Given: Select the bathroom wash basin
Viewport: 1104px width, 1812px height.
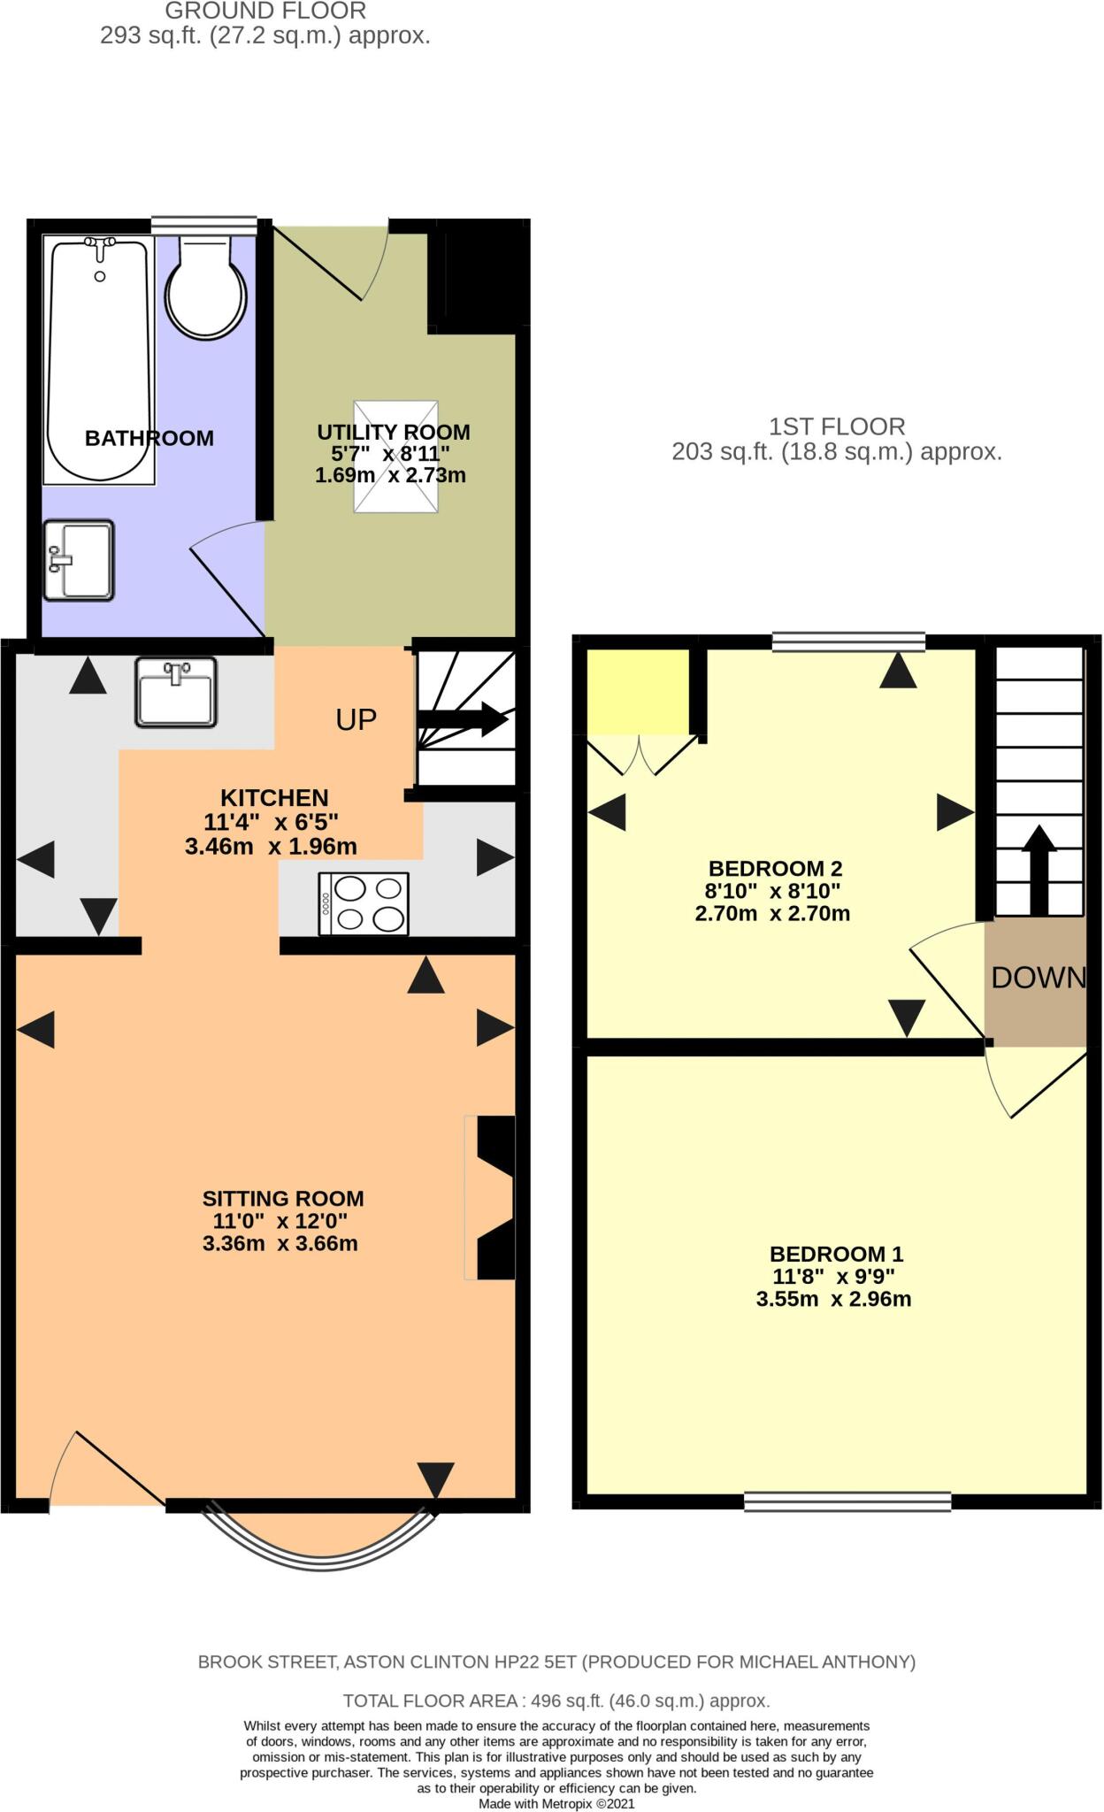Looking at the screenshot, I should [79, 560].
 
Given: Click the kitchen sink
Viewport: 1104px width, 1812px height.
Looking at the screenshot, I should [176, 692].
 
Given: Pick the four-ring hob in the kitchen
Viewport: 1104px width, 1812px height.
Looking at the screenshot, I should [364, 903].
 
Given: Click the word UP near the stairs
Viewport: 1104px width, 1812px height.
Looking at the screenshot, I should [356, 720].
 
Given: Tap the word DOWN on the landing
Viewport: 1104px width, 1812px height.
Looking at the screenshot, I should [1038, 978].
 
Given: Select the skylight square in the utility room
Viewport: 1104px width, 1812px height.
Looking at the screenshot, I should [396, 457].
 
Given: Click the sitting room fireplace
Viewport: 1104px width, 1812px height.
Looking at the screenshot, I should [494, 1198].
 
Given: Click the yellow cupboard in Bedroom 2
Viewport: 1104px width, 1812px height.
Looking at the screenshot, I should [638, 691].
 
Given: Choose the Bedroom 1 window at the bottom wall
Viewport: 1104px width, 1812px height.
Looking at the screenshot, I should [847, 1501].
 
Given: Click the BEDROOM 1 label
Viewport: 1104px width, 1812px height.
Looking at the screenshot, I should [836, 1254].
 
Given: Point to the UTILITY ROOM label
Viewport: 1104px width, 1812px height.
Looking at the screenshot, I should [393, 433].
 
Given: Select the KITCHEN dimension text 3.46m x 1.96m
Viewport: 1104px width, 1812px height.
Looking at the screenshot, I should [271, 847].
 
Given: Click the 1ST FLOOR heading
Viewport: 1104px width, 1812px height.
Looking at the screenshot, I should [836, 426].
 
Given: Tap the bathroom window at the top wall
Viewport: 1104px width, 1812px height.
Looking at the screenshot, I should [203, 226].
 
